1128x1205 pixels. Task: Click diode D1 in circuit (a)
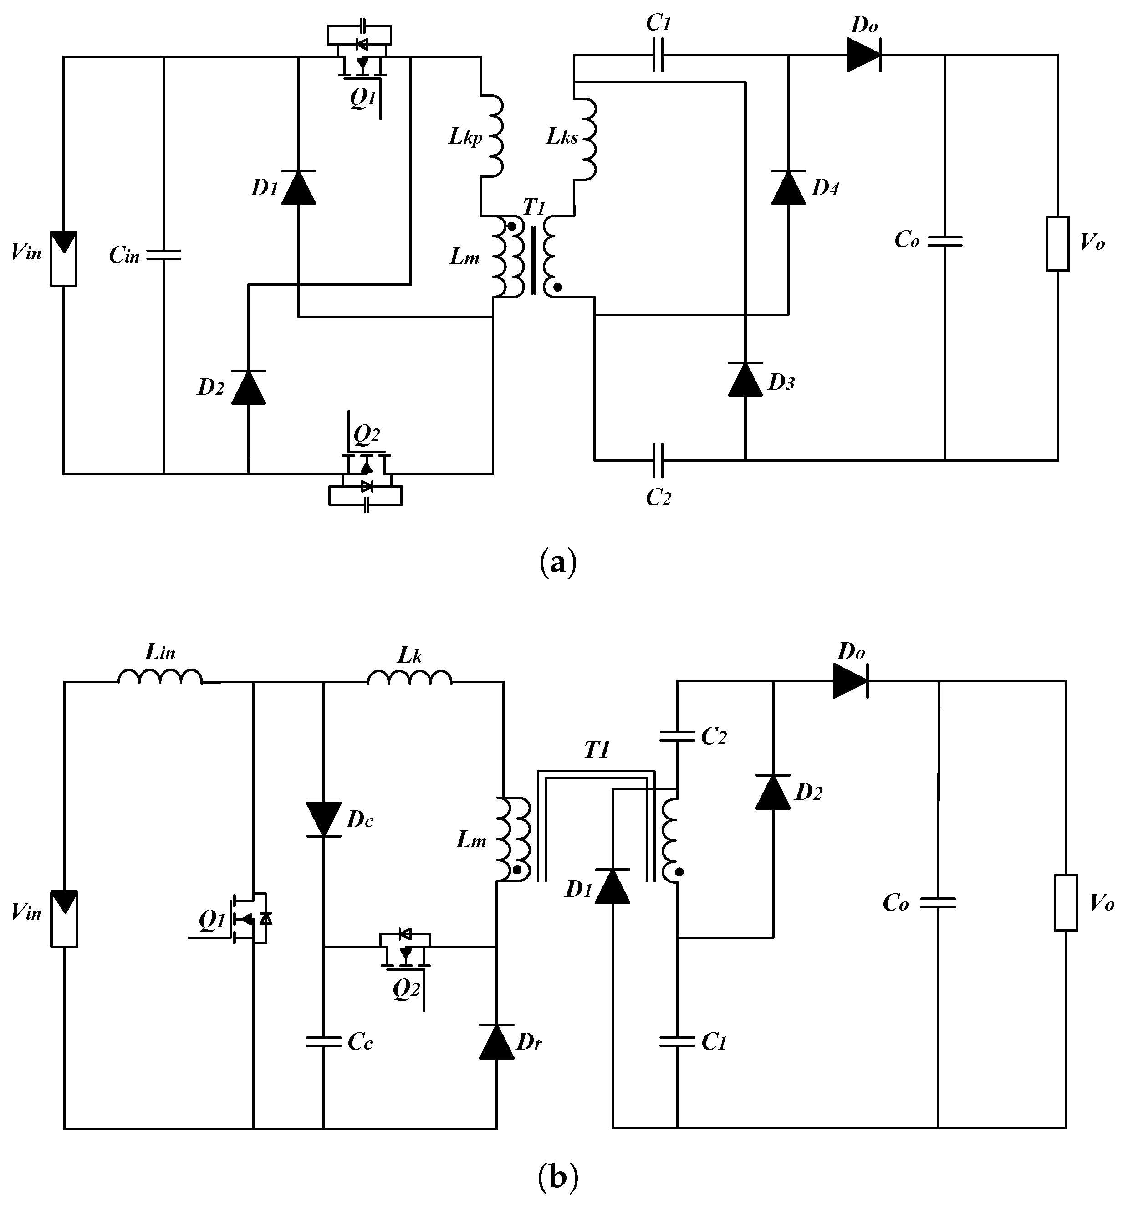(299, 187)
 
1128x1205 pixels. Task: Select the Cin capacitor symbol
(163, 255)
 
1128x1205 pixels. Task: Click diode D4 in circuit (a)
(788, 187)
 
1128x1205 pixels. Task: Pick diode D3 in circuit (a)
(745, 380)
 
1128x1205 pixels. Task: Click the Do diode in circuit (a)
(864, 55)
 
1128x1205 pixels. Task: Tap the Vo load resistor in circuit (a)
(1057, 243)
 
